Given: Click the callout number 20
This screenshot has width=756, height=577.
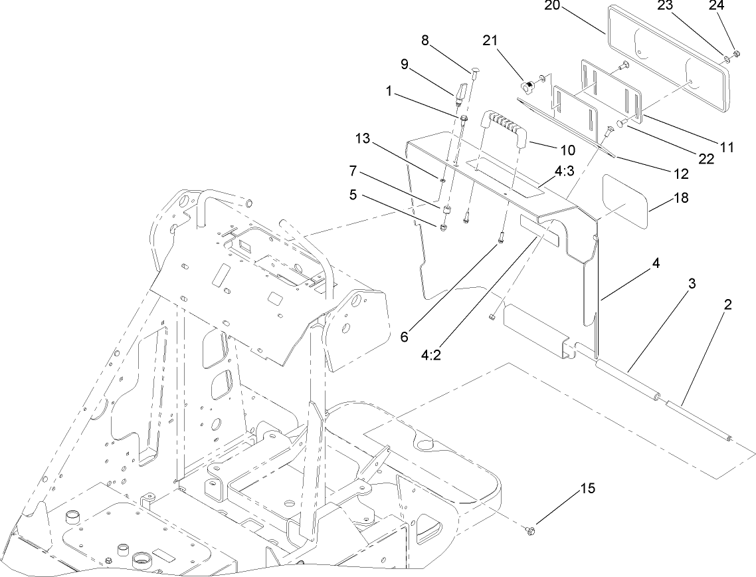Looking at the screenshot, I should pyautogui.click(x=552, y=6).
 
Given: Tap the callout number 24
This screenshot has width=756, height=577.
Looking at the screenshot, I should pyautogui.click(x=735, y=6).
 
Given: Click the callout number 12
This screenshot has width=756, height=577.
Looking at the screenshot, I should pyautogui.click(x=681, y=174).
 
